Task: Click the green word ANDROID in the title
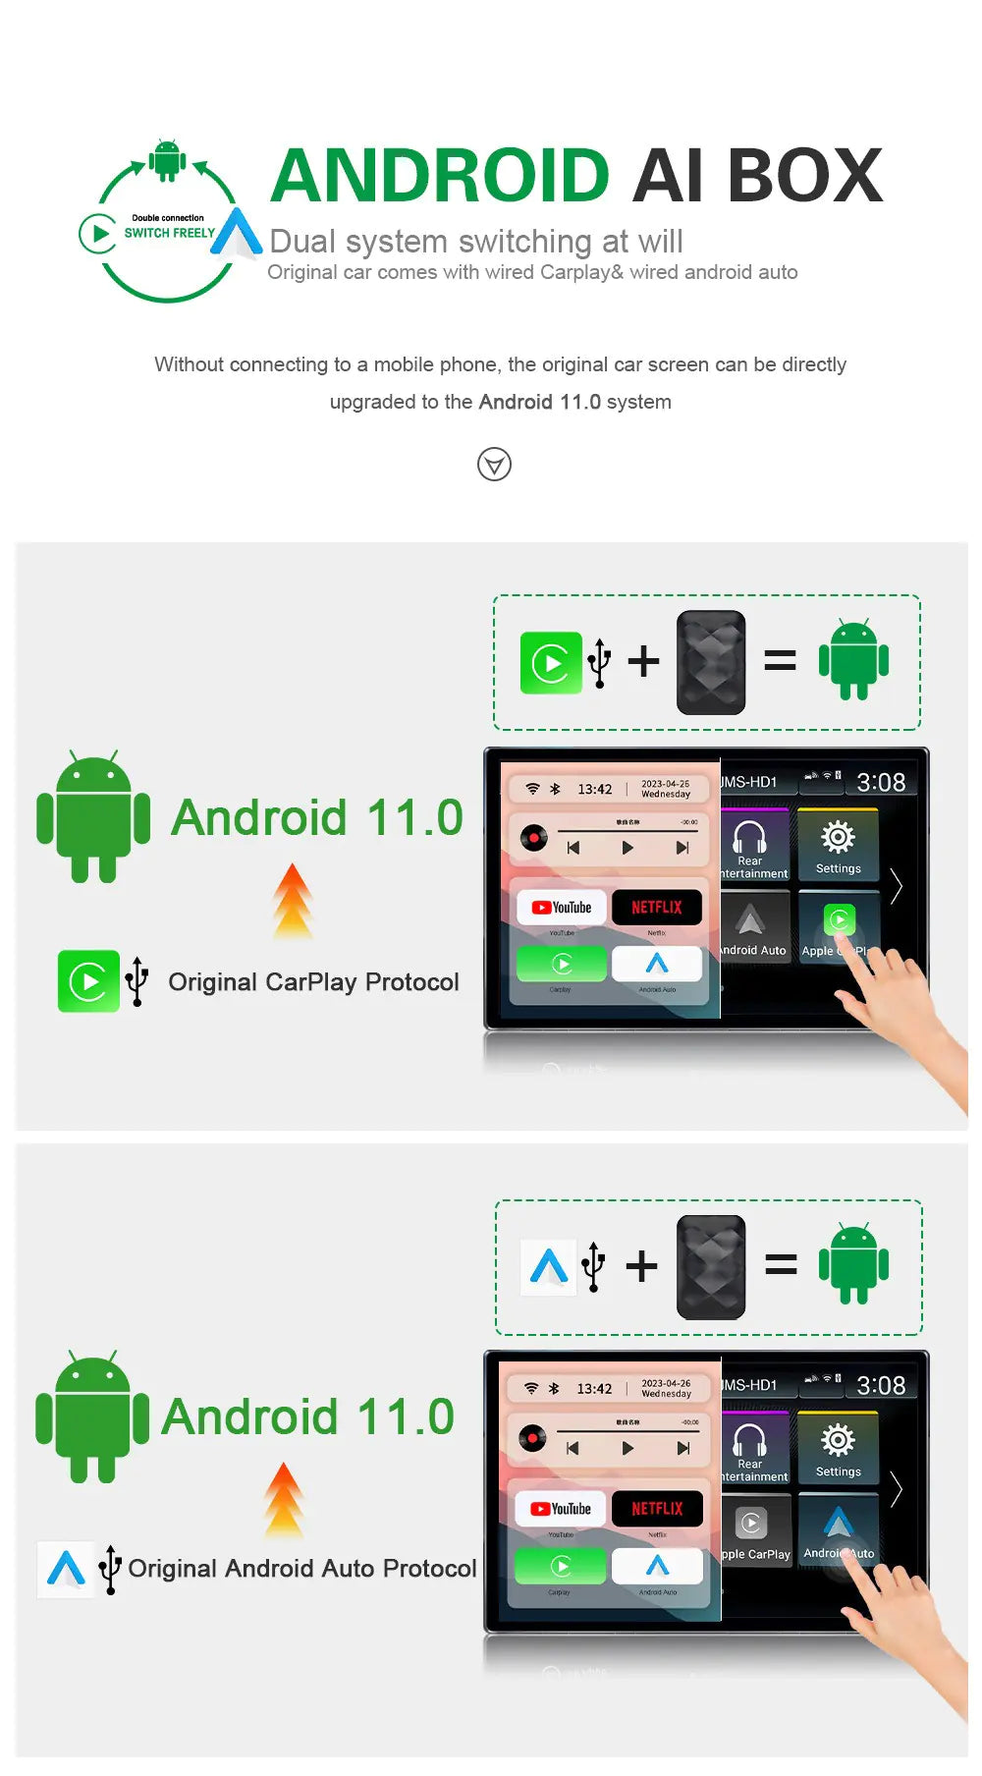(440, 176)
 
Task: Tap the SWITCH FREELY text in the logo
(169, 233)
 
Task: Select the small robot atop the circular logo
(167, 160)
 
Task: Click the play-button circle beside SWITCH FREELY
(98, 234)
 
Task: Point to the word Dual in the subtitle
(303, 242)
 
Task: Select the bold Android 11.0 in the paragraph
(539, 402)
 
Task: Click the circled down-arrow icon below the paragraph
(494, 464)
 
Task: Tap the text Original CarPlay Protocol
(313, 982)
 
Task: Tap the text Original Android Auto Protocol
(301, 1569)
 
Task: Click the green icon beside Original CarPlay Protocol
(88, 981)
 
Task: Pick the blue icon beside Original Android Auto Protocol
(66, 1568)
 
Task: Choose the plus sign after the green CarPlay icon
(643, 661)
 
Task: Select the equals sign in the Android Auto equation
(781, 1265)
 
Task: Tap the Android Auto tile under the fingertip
(838, 1531)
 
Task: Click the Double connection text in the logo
(168, 218)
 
